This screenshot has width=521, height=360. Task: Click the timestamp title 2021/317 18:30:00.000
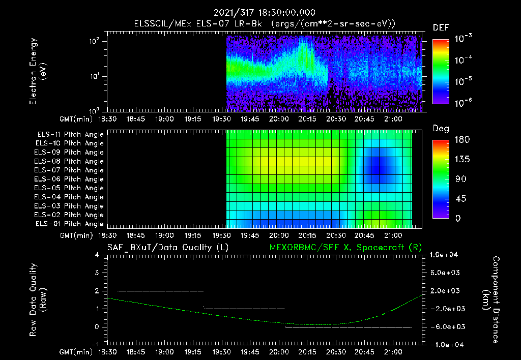(265, 13)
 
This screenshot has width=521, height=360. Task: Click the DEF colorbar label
(441, 27)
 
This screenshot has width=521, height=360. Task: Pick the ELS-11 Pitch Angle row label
(70, 135)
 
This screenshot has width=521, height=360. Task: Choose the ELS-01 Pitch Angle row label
(70, 224)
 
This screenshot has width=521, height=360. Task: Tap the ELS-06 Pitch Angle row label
(70, 179)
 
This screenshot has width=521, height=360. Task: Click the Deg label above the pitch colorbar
(441, 129)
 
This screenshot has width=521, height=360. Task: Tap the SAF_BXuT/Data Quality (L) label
(167, 247)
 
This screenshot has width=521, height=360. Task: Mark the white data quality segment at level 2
(160, 291)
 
